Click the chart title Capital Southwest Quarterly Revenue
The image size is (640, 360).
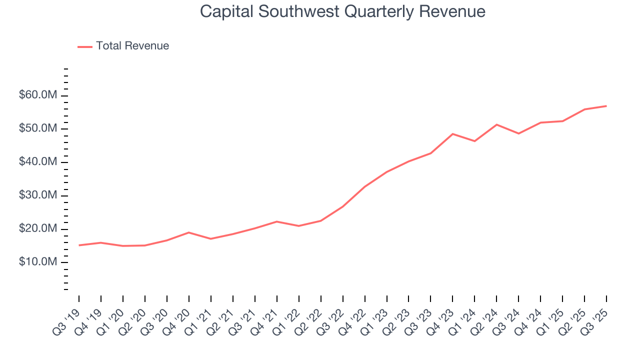tap(342, 11)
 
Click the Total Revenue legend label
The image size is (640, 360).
tap(132, 46)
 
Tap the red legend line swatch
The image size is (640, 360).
tap(85, 46)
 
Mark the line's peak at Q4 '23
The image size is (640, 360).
tap(452, 134)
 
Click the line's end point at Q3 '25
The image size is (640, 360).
tap(606, 106)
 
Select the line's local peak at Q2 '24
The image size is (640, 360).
tap(496, 124)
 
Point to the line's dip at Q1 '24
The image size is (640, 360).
tap(474, 141)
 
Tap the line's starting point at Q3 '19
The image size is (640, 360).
tap(79, 245)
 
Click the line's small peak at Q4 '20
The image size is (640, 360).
tap(188, 232)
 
